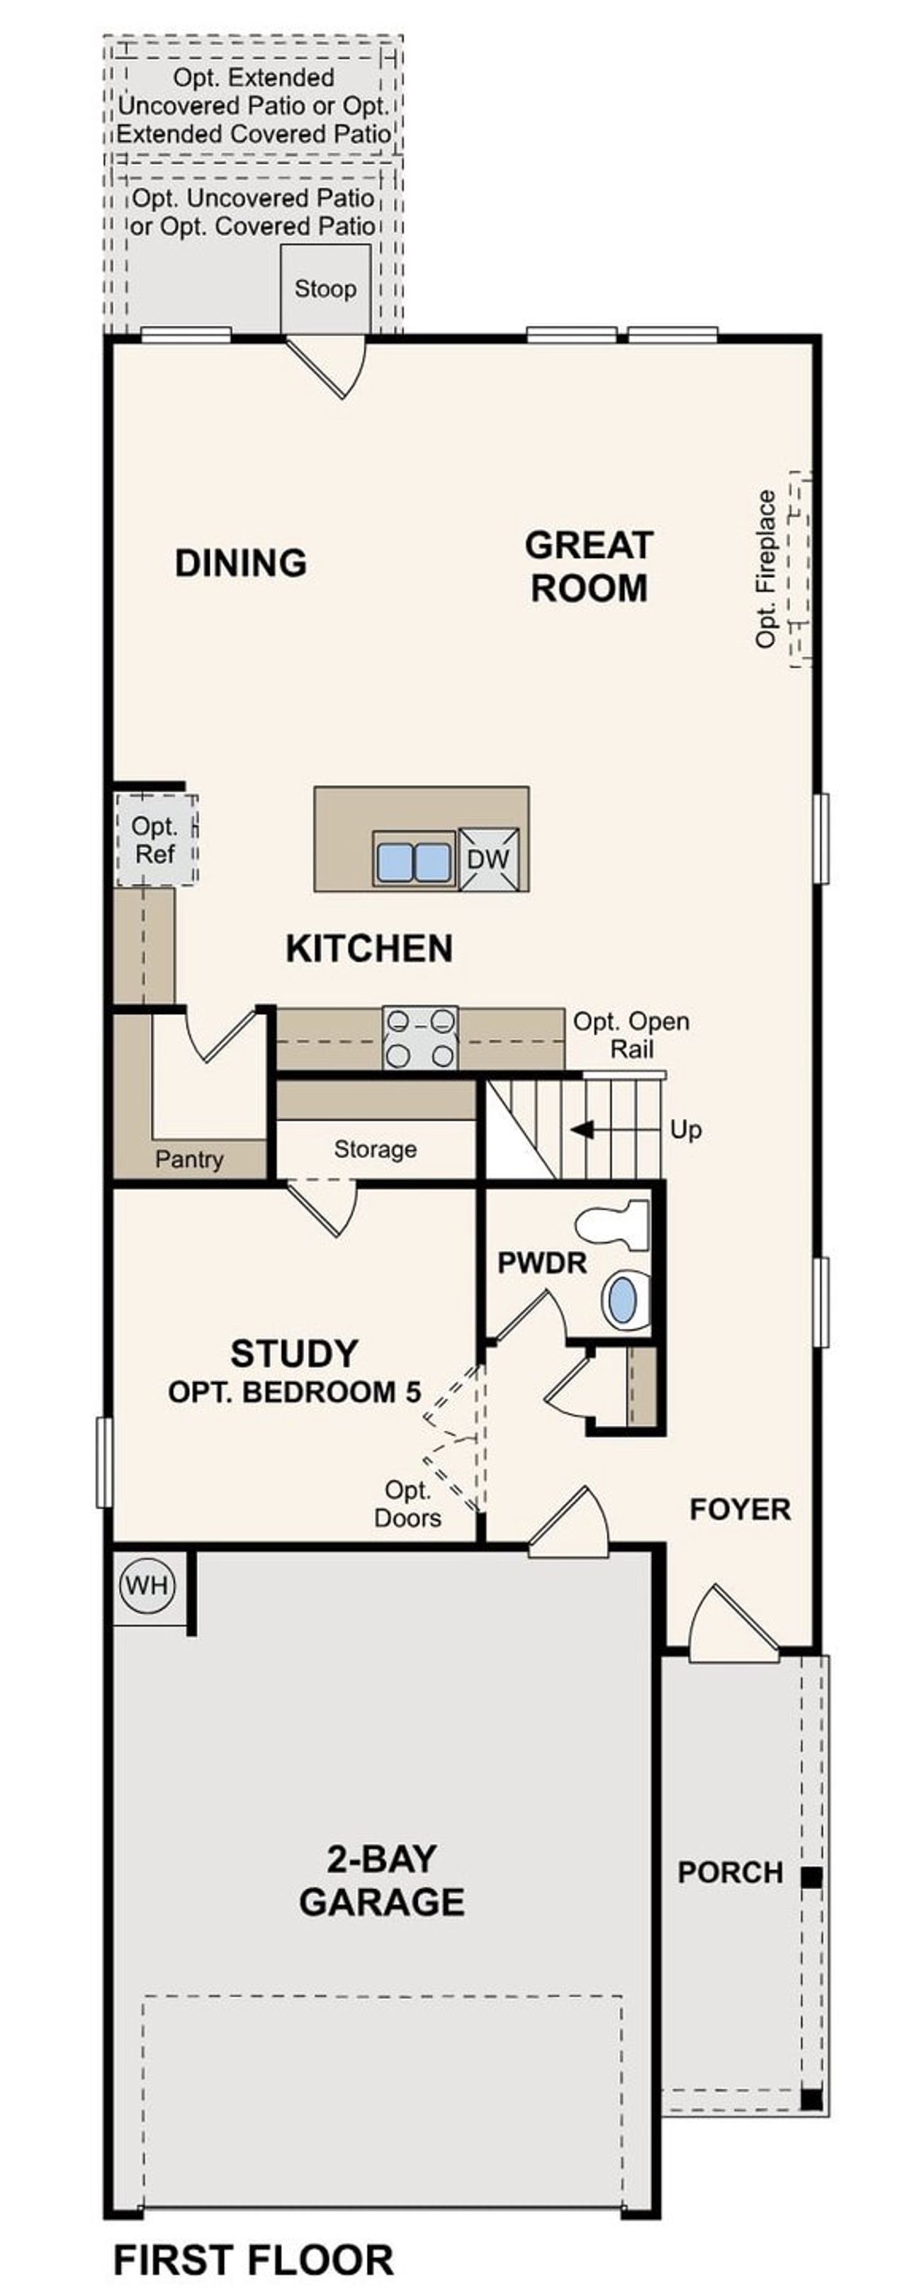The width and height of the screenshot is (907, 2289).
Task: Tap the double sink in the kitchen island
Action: [413, 860]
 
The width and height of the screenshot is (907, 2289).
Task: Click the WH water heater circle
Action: [147, 1586]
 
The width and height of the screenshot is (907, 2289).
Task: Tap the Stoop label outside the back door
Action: [325, 289]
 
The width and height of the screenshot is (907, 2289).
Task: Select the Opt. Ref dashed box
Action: [155, 840]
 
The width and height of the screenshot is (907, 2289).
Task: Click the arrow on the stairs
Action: [585, 1130]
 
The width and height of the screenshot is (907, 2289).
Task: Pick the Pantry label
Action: [188, 1159]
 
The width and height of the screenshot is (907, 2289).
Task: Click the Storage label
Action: [375, 1149]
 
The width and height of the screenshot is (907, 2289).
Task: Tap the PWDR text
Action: [542, 1263]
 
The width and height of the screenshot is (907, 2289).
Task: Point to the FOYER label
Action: [739, 1509]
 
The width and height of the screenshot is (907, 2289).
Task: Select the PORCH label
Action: [731, 1872]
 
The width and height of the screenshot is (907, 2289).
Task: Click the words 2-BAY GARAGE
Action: [381, 1881]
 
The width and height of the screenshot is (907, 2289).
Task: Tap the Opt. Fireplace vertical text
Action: [766, 569]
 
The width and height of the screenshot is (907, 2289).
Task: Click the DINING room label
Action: [241, 562]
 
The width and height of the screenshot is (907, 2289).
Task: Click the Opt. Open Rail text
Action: [631, 1035]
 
